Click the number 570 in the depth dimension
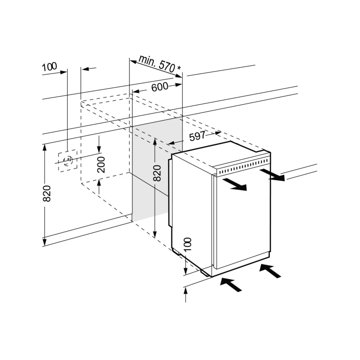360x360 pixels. tap(167, 66)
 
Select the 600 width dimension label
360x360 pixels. tap(160, 87)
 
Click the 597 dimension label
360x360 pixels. tap(197, 136)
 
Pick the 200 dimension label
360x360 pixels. tap(101, 165)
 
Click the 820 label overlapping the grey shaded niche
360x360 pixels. tap(157, 173)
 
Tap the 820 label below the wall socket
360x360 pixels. tap(47, 194)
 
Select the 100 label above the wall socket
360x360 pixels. tap(49, 67)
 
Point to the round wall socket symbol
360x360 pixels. tap(68, 160)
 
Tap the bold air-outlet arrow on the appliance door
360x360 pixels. tap(234, 184)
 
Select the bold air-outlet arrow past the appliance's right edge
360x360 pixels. tap(272, 175)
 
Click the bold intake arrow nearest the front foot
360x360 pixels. tap(231, 284)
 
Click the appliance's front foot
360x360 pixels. tap(206, 272)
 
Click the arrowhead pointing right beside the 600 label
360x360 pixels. tap(179, 85)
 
